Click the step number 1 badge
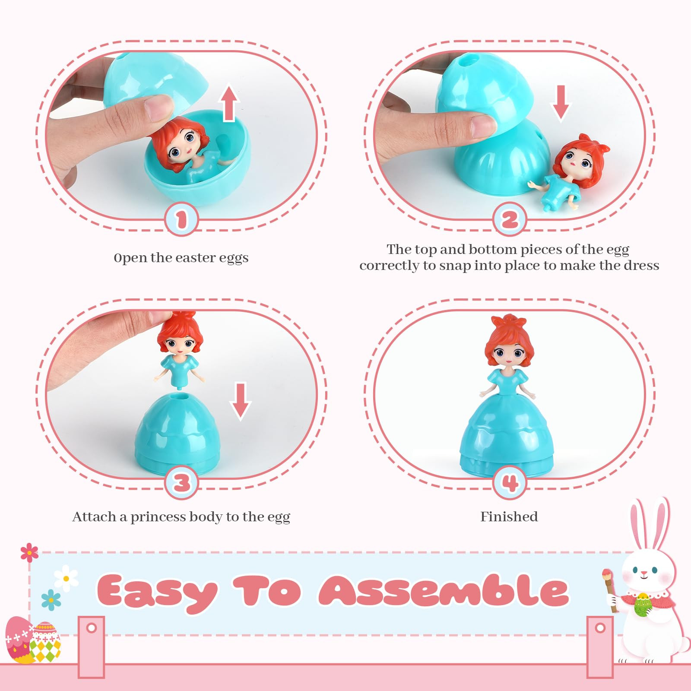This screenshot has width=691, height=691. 181,219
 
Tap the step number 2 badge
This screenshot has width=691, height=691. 510,219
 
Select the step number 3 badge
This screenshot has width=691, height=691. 181,482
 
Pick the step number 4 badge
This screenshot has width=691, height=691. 510,482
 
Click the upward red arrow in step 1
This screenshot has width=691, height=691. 229,104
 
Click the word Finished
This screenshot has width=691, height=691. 509,517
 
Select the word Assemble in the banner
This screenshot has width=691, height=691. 444,590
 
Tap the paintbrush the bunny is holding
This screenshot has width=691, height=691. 609,590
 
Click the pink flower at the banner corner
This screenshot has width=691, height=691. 29,552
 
